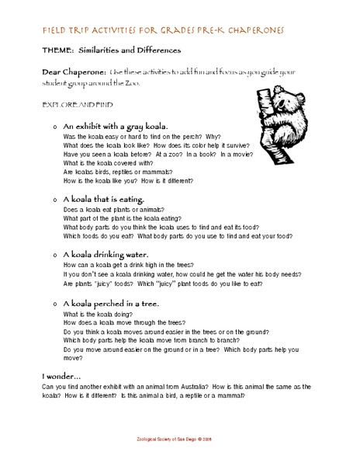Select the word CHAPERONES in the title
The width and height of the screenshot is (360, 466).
tap(247, 29)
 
